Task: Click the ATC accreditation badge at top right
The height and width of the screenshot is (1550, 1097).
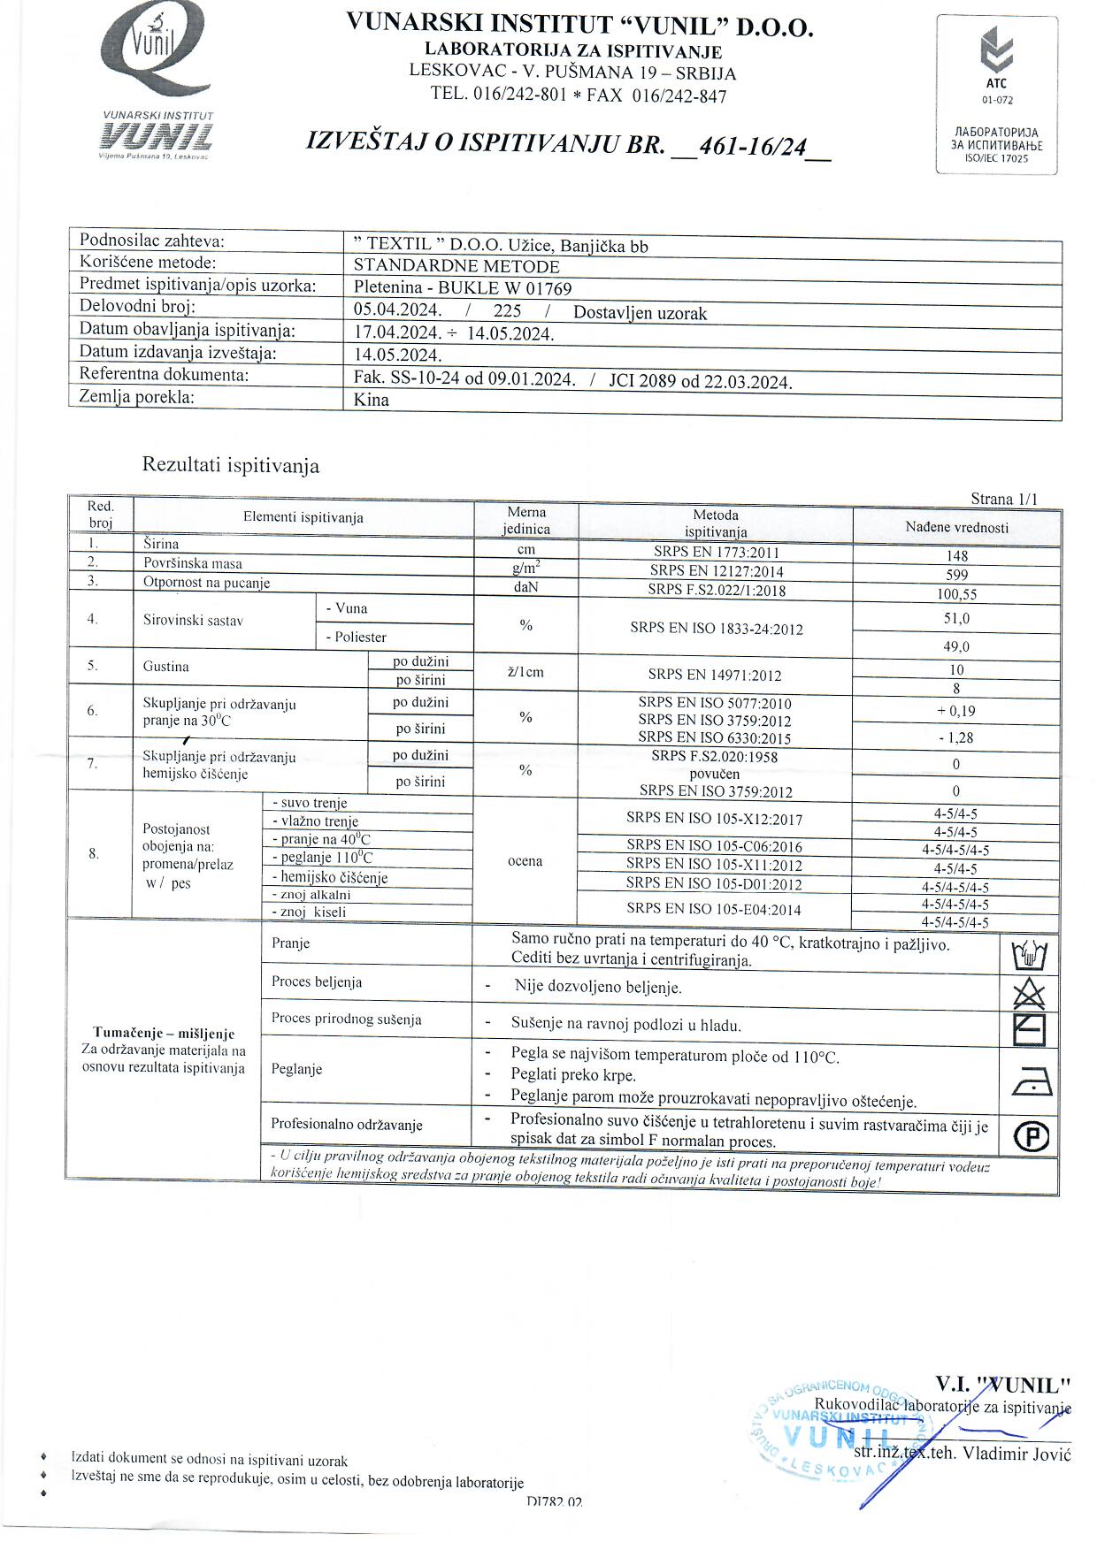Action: (x=997, y=95)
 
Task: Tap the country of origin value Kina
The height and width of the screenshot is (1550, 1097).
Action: (x=372, y=400)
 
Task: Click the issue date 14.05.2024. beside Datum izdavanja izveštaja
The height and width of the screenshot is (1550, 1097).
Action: (x=397, y=355)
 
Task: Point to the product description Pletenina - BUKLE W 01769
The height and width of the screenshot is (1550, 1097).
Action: (x=463, y=288)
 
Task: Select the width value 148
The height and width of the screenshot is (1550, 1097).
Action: (x=957, y=556)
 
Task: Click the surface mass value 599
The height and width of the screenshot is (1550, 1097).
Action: (x=957, y=575)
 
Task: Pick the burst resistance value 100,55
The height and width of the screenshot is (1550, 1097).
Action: (x=957, y=594)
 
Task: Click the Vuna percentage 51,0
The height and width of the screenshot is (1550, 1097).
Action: (x=957, y=619)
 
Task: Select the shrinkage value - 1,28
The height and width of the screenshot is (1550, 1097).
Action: (x=956, y=737)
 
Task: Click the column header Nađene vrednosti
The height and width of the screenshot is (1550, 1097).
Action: (x=956, y=528)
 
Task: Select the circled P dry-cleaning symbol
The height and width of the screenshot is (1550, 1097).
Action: (x=1032, y=1137)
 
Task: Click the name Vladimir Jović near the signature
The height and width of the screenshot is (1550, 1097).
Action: (x=1016, y=1454)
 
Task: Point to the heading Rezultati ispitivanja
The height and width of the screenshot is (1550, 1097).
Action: (x=231, y=466)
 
